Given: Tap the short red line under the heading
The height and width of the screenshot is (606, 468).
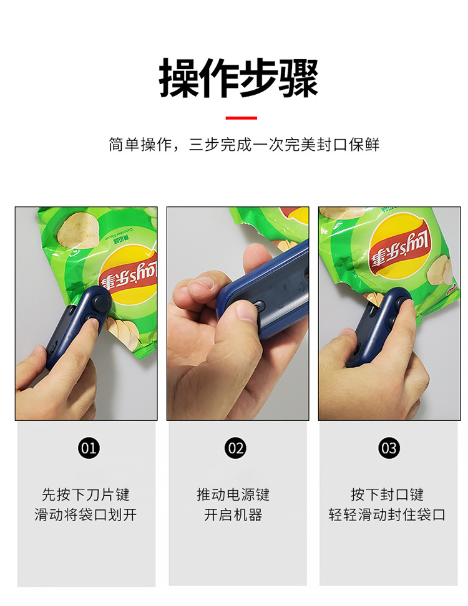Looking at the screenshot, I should click(x=241, y=117).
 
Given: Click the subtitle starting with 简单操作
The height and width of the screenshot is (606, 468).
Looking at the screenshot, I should click(x=243, y=145).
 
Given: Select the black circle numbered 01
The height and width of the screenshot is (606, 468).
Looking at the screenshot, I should click(x=89, y=448).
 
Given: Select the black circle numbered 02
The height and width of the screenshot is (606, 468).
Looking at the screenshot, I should click(x=236, y=448).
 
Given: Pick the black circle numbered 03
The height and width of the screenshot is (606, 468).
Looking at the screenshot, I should click(x=388, y=448).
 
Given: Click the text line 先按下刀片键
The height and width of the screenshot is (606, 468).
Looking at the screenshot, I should click(x=85, y=494).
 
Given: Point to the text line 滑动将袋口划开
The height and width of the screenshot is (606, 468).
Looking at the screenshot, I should click(x=85, y=515).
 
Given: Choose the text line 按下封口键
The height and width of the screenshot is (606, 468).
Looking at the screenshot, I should click(x=387, y=494).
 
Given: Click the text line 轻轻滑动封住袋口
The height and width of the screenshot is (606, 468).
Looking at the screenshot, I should click(x=387, y=515).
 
